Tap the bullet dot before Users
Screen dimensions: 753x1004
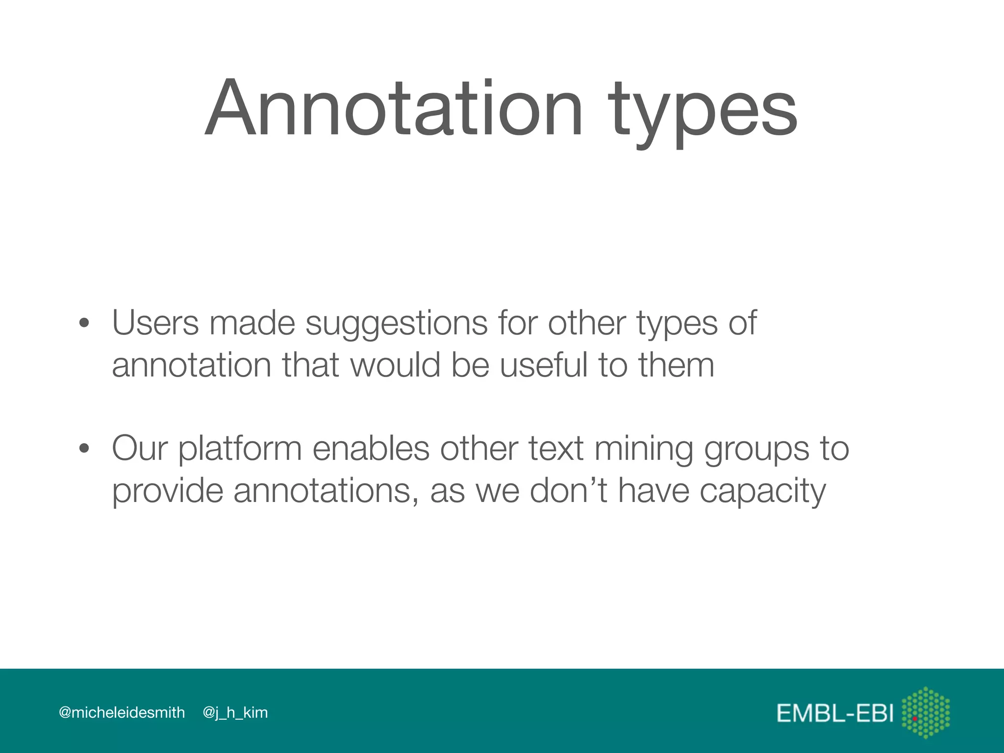84,324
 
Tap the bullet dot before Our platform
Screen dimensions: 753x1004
84,449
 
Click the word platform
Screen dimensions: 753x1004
240,450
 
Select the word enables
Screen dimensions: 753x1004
371,449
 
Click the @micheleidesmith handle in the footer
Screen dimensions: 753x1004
122,712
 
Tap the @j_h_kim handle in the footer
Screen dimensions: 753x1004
235,712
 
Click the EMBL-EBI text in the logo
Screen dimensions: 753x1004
835,713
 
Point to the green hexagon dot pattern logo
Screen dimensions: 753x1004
926,712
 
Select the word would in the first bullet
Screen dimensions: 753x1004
395,365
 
